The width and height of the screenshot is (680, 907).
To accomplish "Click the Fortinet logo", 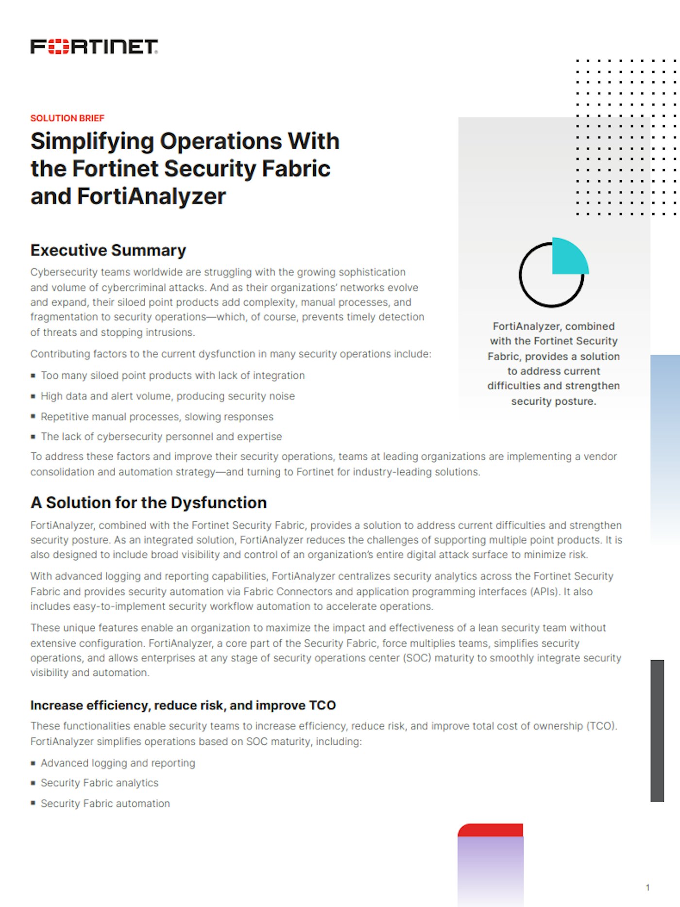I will click(x=94, y=47).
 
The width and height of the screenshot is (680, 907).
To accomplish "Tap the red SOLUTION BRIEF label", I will click(x=67, y=118).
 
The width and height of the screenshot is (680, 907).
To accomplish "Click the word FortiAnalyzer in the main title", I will click(x=152, y=197).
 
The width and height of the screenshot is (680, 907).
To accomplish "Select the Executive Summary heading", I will click(x=108, y=250).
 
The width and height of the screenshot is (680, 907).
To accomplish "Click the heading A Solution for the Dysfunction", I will click(x=149, y=502).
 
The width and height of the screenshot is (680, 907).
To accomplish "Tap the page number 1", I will click(x=647, y=888).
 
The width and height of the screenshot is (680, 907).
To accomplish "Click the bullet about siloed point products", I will click(x=172, y=376).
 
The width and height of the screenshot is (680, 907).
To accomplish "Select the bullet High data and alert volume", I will click(x=168, y=396).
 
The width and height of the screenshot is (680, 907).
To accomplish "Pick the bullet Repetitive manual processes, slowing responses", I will click(x=157, y=417).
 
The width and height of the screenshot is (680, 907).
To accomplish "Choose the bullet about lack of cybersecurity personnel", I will click(x=161, y=437).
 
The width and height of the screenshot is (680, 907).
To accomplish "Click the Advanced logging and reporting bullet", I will click(x=118, y=763).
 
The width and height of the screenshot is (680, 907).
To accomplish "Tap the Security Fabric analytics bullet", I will click(x=100, y=783).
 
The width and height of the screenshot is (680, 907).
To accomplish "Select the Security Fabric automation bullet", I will click(x=105, y=804).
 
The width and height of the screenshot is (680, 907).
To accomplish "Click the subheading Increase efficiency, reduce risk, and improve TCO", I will click(x=183, y=705).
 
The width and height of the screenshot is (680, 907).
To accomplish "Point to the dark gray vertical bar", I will click(x=657, y=730).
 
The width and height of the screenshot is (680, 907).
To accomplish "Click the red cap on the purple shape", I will click(x=491, y=830).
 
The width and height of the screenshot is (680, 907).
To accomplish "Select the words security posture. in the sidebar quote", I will click(x=553, y=401).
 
